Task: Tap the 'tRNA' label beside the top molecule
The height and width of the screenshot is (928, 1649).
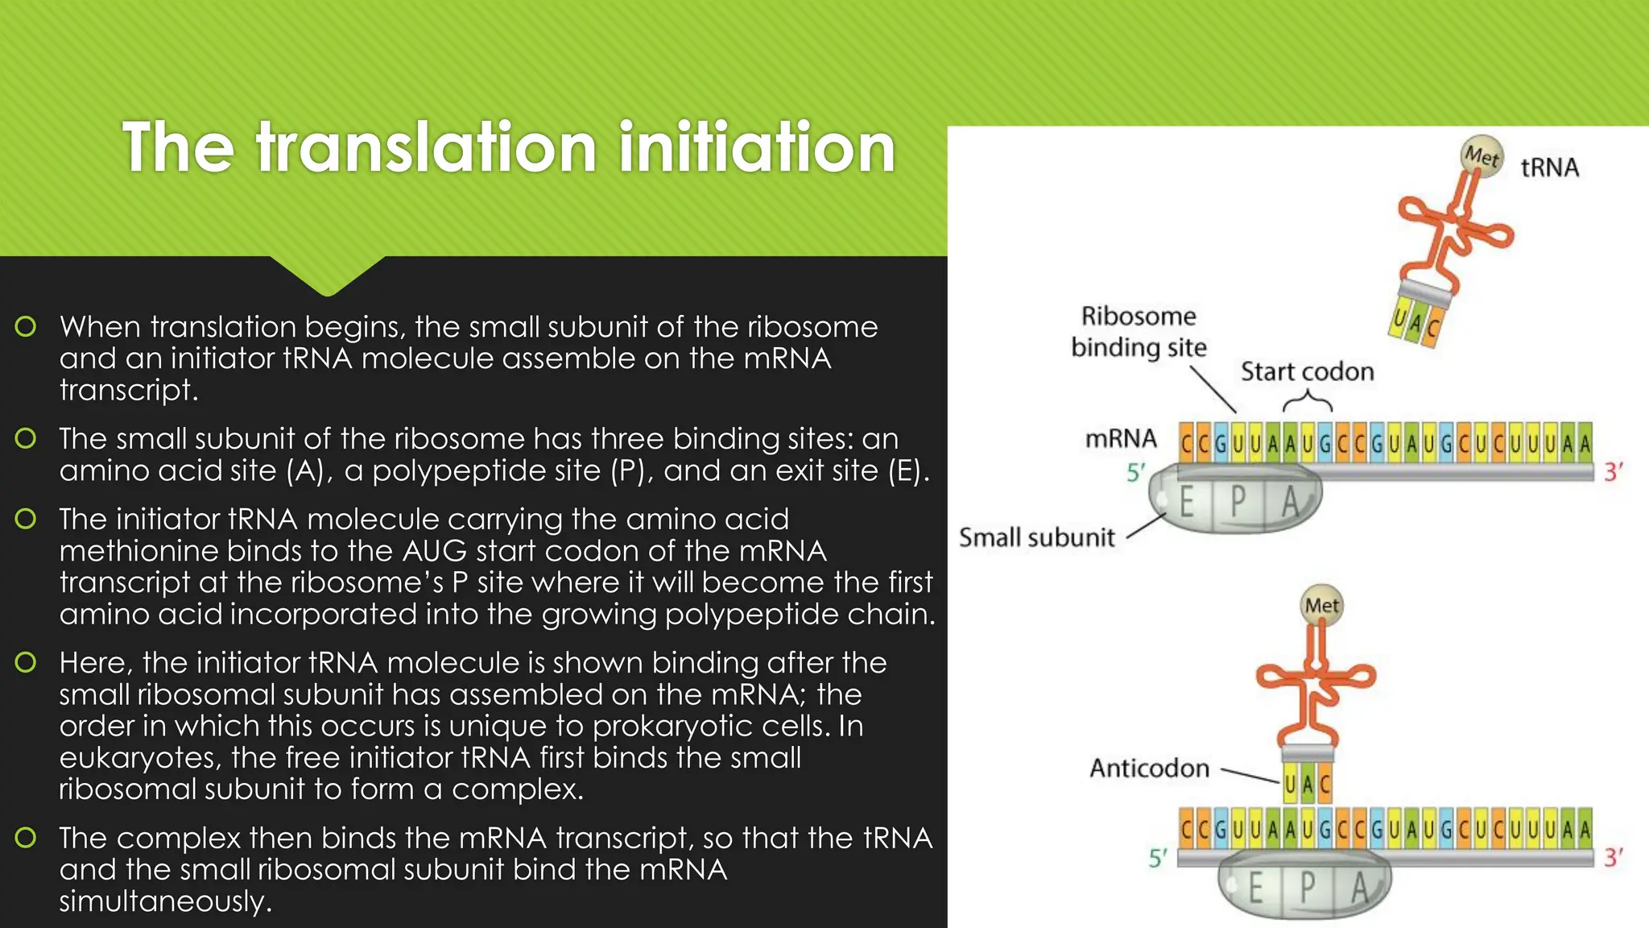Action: [x=1549, y=168]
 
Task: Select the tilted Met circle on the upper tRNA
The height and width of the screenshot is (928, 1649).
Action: [x=1482, y=155]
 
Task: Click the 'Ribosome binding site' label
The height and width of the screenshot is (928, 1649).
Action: [x=1139, y=331]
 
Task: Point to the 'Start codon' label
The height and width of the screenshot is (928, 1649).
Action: [x=1307, y=371]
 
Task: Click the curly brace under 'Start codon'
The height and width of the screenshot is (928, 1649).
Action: [x=1307, y=400]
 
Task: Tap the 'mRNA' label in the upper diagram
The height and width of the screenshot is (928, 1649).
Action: [x=1121, y=439]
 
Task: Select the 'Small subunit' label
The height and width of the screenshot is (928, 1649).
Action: [x=1036, y=537]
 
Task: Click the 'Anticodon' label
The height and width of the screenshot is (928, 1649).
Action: [x=1149, y=768]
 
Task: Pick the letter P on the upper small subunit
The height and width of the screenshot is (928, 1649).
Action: [x=1238, y=503]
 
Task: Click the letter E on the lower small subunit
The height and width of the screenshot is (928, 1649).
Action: [x=1255, y=889]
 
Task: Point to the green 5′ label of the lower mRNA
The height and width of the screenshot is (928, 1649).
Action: [x=1157, y=859]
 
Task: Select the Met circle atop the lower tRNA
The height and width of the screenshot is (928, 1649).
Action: [x=1321, y=606]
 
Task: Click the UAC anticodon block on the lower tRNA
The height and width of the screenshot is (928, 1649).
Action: [x=1308, y=784]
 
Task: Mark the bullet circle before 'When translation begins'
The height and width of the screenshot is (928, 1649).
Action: [x=26, y=326]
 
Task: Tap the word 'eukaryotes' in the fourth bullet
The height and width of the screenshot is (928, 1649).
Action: [x=137, y=758]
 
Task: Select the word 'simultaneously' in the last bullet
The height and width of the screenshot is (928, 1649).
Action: [x=165, y=901]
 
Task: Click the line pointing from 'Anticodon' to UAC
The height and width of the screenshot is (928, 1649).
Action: [x=1250, y=775]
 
